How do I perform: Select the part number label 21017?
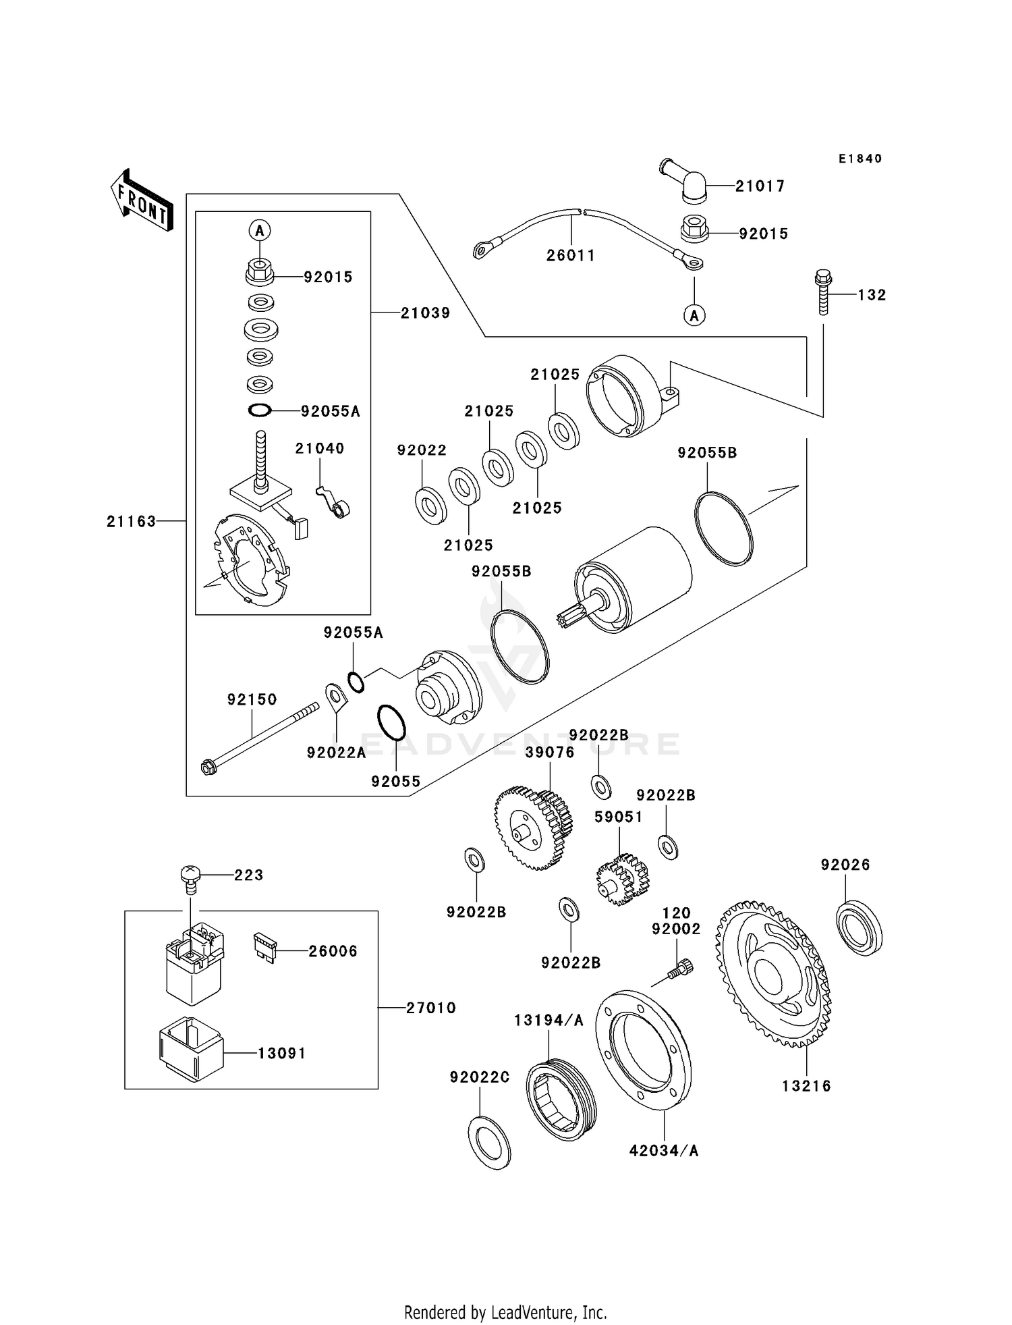[x=760, y=186]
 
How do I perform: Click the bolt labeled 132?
[x=823, y=292]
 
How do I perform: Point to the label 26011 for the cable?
[x=571, y=256]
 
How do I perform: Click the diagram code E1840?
[x=860, y=159]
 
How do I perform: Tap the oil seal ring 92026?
[x=859, y=927]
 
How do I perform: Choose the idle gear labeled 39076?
[x=533, y=828]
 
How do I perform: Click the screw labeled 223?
[x=190, y=878]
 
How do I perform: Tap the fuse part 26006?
[x=264, y=948]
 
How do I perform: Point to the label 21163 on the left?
[x=131, y=521]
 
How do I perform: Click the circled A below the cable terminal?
[x=694, y=315]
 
